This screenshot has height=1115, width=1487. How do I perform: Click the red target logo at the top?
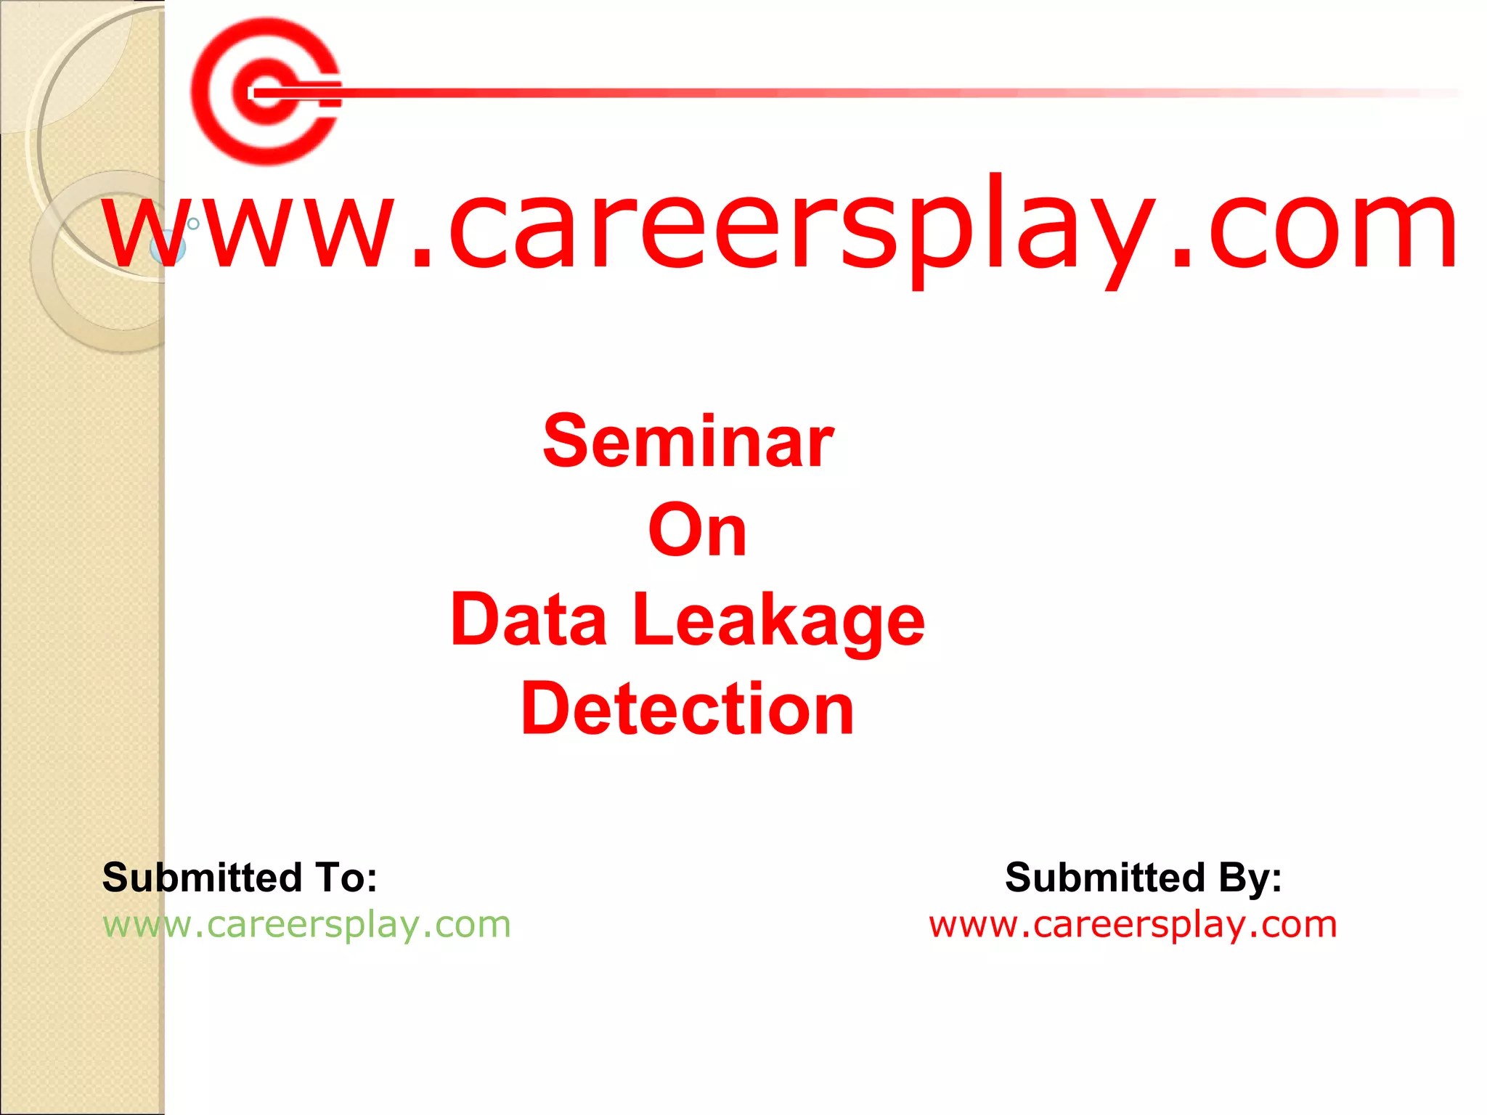tap(266, 91)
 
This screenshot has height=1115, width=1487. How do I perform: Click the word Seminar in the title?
tap(688, 442)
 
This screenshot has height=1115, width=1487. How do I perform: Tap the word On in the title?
tap(697, 531)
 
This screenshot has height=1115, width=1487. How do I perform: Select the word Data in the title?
tap(529, 621)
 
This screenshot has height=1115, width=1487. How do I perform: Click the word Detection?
tap(688, 709)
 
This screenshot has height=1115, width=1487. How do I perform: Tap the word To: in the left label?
tap(346, 878)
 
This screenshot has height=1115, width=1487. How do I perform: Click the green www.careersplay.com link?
tap(306, 925)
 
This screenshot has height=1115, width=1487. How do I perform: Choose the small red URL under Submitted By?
tap(1133, 925)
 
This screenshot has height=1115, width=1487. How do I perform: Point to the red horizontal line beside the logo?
tap(871, 93)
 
